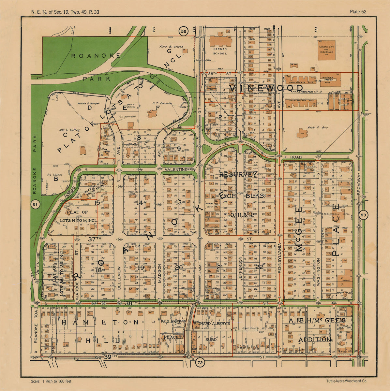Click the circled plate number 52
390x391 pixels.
(184, 31)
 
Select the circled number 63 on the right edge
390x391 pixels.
(363, 215)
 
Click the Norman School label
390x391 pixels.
(219, 51)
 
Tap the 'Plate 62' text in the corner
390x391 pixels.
(358, 12)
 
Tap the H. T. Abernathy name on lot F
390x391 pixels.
(162, 103)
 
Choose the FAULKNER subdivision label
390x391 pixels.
(171, 322)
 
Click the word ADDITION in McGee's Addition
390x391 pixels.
(314, 340)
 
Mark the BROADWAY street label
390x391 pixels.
(360, 184)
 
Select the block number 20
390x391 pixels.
(179, 268)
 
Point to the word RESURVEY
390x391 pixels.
(238, 175)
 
